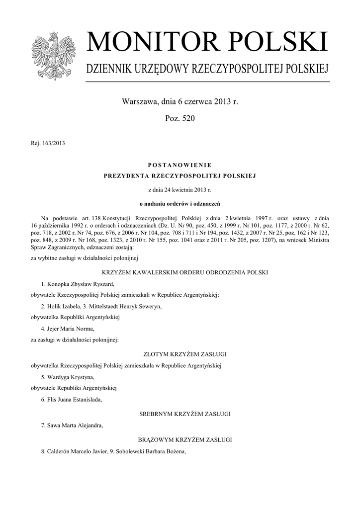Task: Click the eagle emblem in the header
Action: (52, 56)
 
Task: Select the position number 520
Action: (187, 119)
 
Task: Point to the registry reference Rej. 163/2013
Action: (48, 144)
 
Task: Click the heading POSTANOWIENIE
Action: (180, 165)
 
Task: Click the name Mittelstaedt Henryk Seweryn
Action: (124, 306)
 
